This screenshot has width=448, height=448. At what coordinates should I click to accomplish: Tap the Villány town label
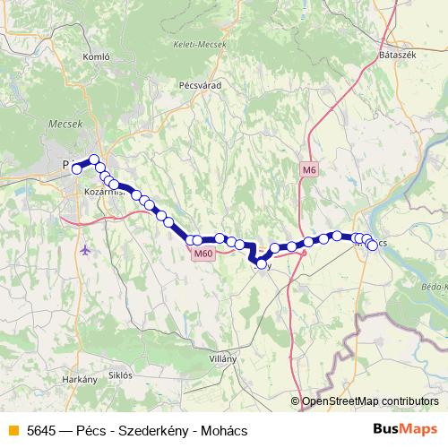(x=221, y=358)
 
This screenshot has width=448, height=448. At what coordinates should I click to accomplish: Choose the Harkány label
(x=80, y=380)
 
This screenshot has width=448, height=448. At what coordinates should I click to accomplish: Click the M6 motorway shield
(x=309, y=170)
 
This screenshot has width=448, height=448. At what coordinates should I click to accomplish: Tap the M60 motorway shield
(x=202, y=254)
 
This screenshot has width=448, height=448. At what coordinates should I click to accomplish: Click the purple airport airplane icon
(x=84, y=249)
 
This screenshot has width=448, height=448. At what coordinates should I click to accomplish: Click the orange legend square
(x=13, y=430)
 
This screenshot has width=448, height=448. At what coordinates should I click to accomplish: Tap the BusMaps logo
(x=403, y=430)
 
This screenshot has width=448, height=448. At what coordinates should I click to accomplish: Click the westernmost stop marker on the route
(x=76, y=168)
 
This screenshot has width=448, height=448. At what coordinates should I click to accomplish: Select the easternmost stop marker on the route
(x=372, y=245)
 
